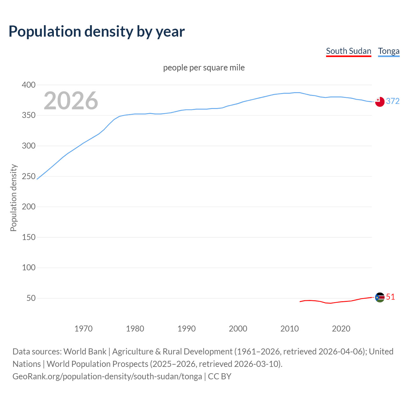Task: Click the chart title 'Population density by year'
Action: tap(97, 31)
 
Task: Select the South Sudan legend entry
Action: tap(348, 51)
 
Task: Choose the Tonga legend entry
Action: tap(389, 51)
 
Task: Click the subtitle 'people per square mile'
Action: tap(204, 68)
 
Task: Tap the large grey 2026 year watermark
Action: tap(71, 101)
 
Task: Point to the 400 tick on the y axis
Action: tap(29, 85)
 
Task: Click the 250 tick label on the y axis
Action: tap(29, 176)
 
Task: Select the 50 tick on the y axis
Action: tap(31, 298)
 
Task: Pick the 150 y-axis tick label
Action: tap(29, 237)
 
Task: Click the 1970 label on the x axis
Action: tap(84, 329)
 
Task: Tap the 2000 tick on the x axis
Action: tap(238, 329)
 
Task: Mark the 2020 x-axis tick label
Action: tap(341, 329)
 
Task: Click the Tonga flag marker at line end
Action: tap(380, 102)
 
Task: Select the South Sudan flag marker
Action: tap(380, 297)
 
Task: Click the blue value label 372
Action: tap(393, 101)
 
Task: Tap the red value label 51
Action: tap(390, 297)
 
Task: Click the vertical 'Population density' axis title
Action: tap(13, 198)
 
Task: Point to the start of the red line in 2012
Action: tap(300, 302)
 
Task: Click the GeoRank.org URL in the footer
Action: tap(107, 376)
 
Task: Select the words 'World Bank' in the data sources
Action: tap(85, 352)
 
